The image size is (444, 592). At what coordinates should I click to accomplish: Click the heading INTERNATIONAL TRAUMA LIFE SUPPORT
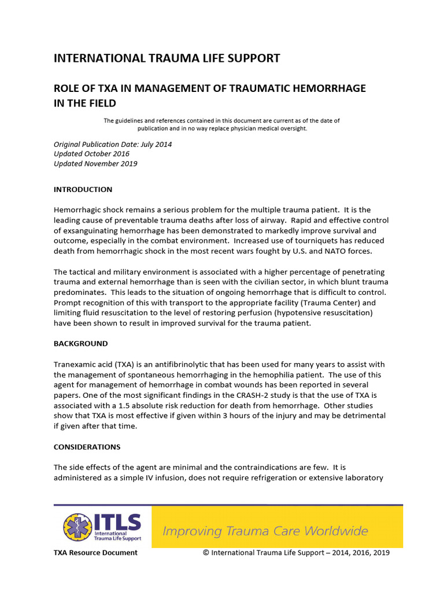point(166,58)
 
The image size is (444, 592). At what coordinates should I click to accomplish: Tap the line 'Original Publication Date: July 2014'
point(113,144)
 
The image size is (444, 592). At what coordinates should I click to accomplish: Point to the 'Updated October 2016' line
point(91,154)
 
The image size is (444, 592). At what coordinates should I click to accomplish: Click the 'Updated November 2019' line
point(95,164)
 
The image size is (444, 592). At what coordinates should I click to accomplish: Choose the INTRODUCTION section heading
point(83,190)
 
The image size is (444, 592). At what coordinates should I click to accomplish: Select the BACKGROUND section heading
point(80,343)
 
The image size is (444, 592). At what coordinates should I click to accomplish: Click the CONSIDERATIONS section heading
point(87,447)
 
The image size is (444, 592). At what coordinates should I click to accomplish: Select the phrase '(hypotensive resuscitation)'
point(327,313)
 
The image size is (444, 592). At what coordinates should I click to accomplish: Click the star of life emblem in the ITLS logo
point(77,527)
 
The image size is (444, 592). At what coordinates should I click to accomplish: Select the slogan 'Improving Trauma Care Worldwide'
point(265,531)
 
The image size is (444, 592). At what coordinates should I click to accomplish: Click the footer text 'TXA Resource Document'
point(95,553)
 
